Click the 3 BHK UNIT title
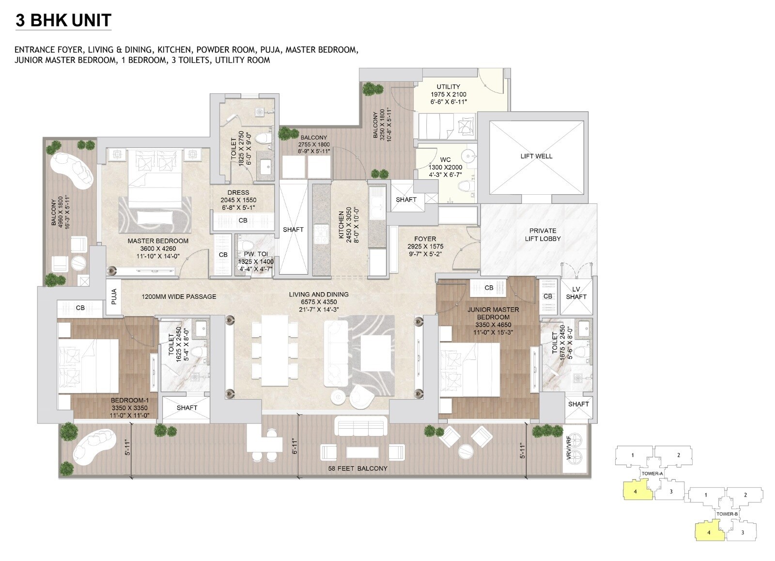tap(63, 20)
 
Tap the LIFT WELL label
tap(536, 156)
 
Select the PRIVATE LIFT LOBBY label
tap(542, 235)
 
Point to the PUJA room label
tap(114, 297)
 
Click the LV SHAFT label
tap(576, 293)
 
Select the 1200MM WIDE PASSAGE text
tap(179, 296)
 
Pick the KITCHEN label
tap(341, 225)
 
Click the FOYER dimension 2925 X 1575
tap(425, 246)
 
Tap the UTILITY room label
tap(448, 87)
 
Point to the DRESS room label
tap(238, 192)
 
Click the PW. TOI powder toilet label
tap(256, 254)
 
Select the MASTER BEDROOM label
tap(158, 241)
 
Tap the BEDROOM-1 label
tap(129, 401)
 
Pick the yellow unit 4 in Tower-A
tap(635, 492)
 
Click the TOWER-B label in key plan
tap(727, 514)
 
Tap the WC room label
tap(445, 159)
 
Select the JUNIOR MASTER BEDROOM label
tap(493, 313)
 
